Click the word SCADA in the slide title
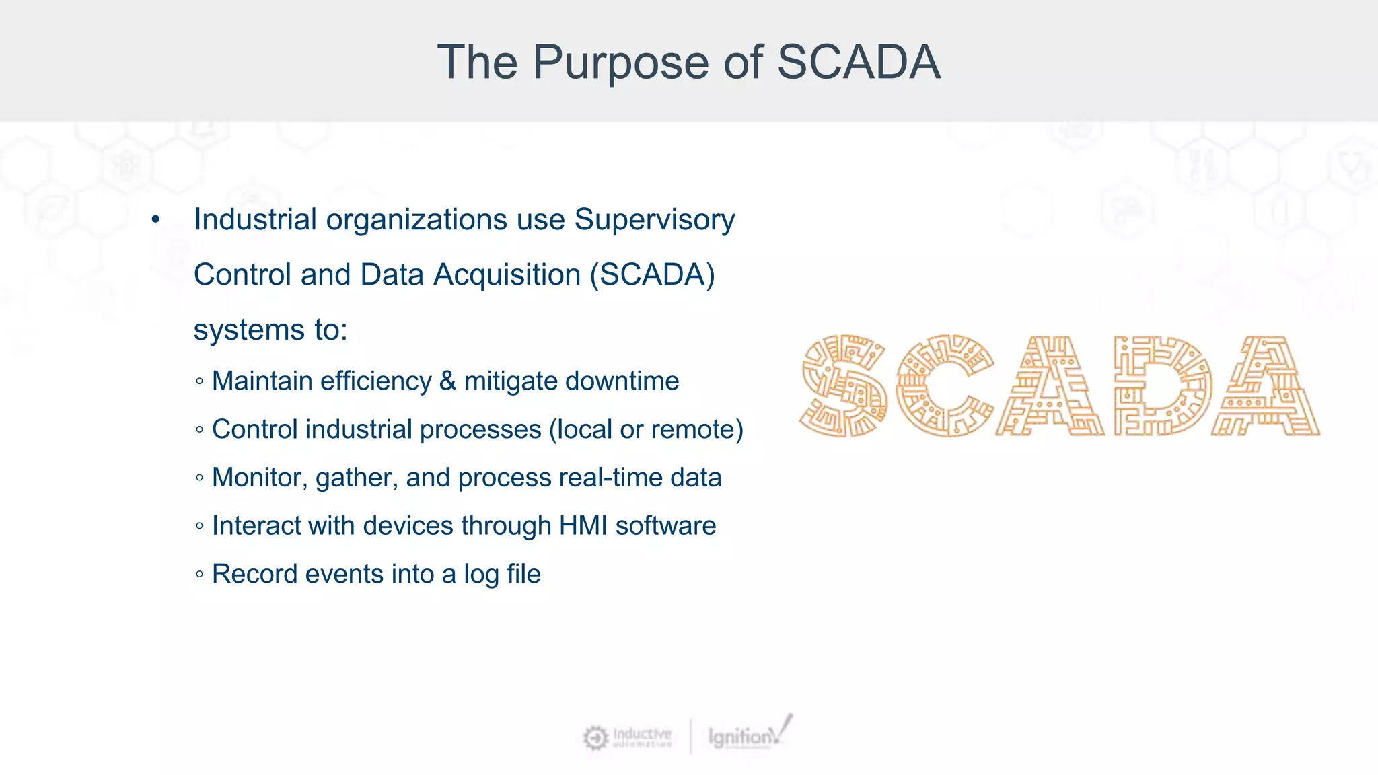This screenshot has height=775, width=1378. [x=859, y=63]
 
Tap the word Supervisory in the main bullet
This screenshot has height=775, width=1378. [x=654, y=220]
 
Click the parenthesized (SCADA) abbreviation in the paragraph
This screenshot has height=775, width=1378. [x=652, y=275]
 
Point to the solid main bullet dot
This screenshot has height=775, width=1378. [x=156, y=220]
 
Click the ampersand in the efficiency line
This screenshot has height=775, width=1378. [x=447, y=381]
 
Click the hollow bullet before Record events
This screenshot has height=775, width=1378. [x=199, y=575]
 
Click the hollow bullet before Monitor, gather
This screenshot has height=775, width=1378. [x=199, y=478]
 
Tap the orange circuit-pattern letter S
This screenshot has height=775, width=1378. [x=844, y=385]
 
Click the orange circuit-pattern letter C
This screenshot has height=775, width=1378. [x=944, y=385]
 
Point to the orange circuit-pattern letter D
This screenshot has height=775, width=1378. [x=1162, y=385]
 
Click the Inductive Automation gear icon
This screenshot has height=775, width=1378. [x=595, y=738]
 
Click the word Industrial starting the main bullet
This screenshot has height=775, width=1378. [x=255, y=220]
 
